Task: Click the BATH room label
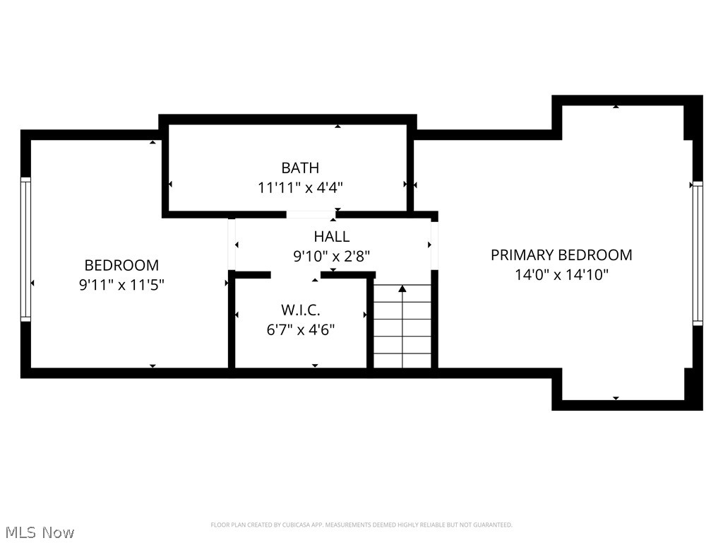(x=300, y=168)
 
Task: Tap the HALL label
(x=331, y=237)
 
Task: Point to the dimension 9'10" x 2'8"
(x=331, y=256)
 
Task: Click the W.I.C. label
(x=300, y=310)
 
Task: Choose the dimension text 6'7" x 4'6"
(x=300, y=329)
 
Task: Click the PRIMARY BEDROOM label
(x=561, y=255)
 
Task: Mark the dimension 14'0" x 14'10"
(x=561, y=274)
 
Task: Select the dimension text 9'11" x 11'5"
(x=121, y=285)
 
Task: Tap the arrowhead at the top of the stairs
(x=402, y=288)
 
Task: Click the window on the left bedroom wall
(x=26, y=249)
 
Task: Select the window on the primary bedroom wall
(x=697, y=252)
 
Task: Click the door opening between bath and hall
(x=310, y=214)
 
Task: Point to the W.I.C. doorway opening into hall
(x=296, y=274)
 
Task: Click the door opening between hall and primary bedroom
(x=434, y=245)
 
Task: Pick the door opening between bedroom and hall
(x=231, y=245)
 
